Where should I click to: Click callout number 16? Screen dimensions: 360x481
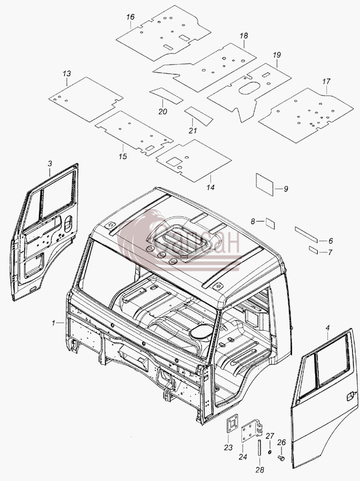coord(130,17)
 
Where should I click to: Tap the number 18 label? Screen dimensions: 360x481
coord(244,36)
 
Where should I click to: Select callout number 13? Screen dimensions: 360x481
coord(67,74)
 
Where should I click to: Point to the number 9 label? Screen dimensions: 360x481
coord(286,189)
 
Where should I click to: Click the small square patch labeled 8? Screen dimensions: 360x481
coord(270,223)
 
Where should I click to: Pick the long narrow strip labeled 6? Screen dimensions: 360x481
coord(307,234)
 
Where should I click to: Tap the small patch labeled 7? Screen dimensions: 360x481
coord(314,250)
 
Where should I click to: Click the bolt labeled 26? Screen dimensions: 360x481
coord(281,458)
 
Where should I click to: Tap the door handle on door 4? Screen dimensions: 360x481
coord(350,397)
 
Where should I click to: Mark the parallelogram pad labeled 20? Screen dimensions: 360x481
coord(167,96)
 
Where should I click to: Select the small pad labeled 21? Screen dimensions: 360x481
coord(198,115)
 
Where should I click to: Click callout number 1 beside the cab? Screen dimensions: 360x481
coord(53,323)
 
